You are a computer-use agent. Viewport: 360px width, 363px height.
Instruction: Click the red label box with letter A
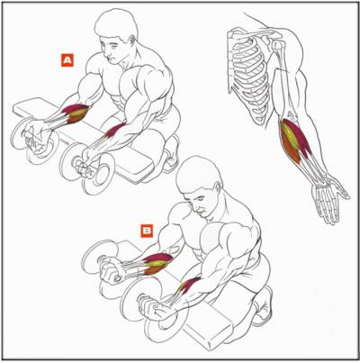coord(67,60)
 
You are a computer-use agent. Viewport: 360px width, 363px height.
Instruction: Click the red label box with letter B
coord(148,231)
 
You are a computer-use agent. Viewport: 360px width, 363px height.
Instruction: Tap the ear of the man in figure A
coord(132,40)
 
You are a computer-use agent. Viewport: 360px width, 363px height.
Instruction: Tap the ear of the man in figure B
coord(217,187)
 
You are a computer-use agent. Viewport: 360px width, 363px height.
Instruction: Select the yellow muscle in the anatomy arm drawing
coord(290,136)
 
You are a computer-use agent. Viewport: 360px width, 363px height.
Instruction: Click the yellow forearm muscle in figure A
coord(78,113)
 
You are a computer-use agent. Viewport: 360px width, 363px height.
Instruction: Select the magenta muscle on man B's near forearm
coord(189,286)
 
